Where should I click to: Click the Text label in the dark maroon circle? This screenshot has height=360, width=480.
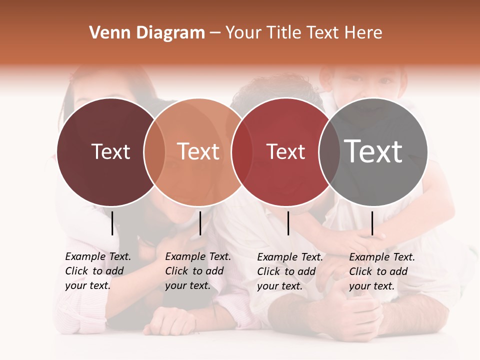pyautogui.click(x=110, y=152)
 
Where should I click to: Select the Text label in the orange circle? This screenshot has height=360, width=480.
pyautogui.click(x=198, y=152)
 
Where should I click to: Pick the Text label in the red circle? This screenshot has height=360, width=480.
pyautogui.click(x=285, y=152)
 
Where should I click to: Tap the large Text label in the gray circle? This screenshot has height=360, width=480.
pyautogui.click(x=373, y=152)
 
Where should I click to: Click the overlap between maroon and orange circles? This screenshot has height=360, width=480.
pyautogui.click(x=154, y=152)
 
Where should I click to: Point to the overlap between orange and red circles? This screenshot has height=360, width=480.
pyautogui.click(x=242, y=152)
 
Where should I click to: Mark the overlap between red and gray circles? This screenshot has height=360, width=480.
pyautogui.click(x=329, y=152)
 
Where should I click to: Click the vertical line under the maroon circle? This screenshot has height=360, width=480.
pyautogui.click(x=112, y=223)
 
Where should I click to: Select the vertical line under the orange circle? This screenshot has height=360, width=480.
pyautogui.click(x=200, y=223)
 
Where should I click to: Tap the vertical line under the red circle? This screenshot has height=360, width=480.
pyautogui.click(x=288, y=223)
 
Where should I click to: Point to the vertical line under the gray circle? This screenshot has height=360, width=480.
pyautogui.click(x=372, y=223)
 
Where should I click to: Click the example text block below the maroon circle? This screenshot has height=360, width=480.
pyautogui.click(x=97, y=271)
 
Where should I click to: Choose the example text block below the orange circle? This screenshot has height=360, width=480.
pyautogui.click(x=197, y=271)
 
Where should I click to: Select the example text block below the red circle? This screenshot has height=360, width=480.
pyautogui.click(x=289, y=271)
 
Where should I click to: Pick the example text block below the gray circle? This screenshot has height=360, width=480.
pyautogui.click(x=381, y=271)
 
